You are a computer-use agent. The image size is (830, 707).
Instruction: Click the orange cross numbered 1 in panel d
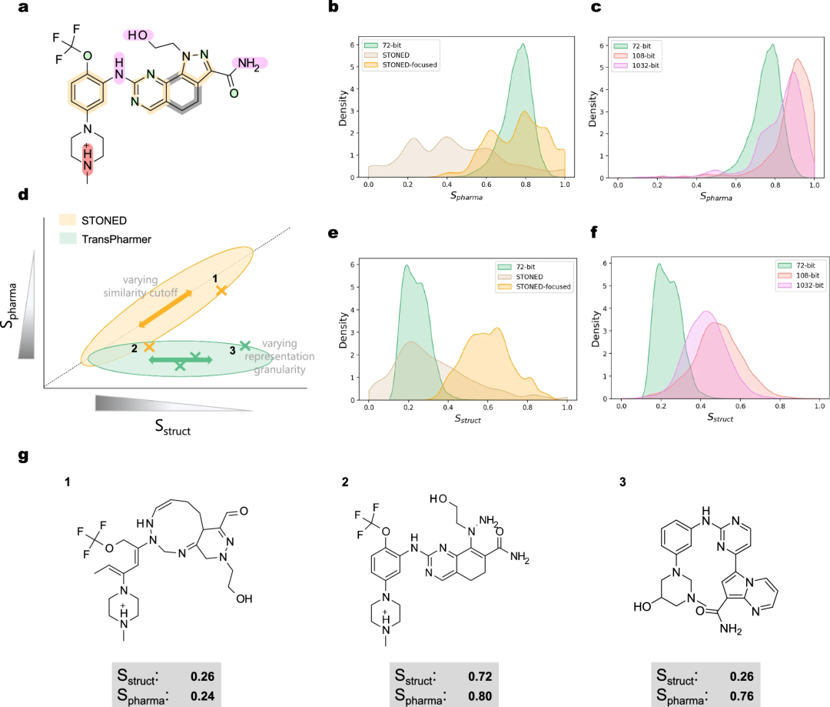pos(221,290)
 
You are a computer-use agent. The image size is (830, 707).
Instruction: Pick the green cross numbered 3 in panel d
pos(244,346)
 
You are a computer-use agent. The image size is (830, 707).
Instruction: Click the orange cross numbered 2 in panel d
pos(149,347)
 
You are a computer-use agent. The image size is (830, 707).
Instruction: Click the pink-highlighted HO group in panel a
pos(139,35)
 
